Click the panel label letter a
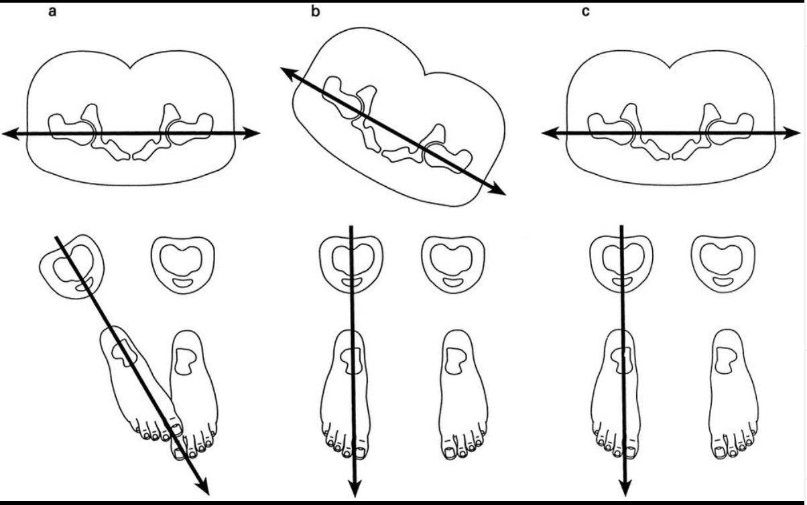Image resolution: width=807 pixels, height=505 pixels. [x=52, y=11]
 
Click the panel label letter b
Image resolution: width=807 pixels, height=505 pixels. [x=315, y=11]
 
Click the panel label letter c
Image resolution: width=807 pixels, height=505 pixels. [x=585, y=11]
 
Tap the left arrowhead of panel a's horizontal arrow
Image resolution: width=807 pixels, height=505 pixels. [x=11, y=134]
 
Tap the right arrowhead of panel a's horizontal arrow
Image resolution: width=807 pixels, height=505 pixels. [x=251, y=133]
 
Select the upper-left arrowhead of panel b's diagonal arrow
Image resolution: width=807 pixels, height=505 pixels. [x=288, y=73]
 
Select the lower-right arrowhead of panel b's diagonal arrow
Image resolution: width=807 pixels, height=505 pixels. [x=497, y=190]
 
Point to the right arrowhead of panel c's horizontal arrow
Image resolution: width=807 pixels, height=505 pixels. [x=791, y=133]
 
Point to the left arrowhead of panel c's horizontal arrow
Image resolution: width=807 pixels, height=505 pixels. [x=551, y=134]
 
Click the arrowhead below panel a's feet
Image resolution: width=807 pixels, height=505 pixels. [x=204, y=487]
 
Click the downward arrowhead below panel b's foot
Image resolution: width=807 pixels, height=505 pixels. [x=355, y=488]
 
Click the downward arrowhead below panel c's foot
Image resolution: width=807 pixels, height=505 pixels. [x=625, y=487]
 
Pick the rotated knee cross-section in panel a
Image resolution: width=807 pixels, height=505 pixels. [x=72, y=267]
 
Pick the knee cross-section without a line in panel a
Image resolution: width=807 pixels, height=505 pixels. [x=183, y=265]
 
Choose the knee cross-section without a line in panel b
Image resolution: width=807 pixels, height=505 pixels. [x=453, y=265]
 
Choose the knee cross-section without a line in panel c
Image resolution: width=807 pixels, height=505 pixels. [x=723, y=265]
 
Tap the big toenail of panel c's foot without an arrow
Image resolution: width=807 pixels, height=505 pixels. [x=719, y=451]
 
